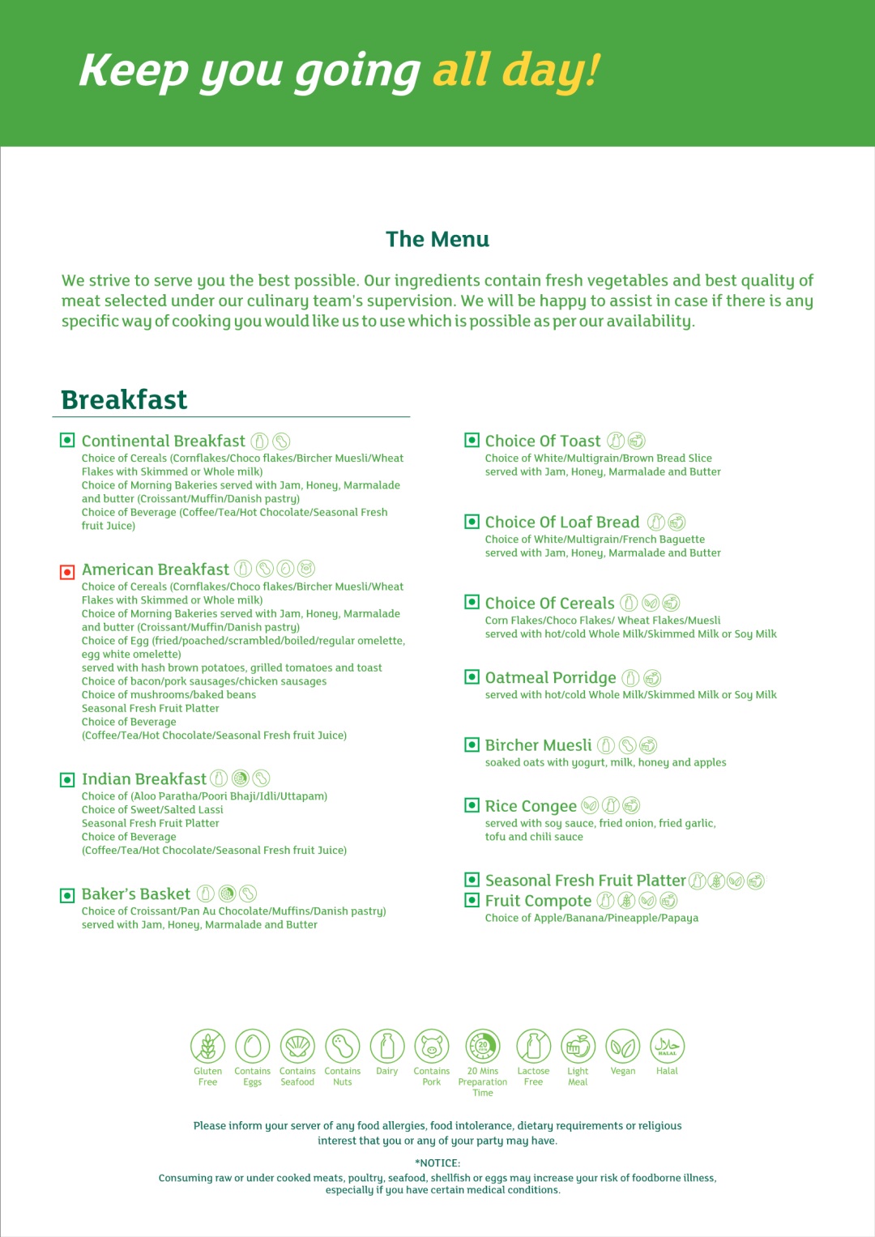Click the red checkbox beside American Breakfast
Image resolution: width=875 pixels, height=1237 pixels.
[67, 572]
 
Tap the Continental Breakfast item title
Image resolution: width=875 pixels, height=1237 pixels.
[163, 441]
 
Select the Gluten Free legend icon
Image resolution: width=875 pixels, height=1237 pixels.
[207, 1046]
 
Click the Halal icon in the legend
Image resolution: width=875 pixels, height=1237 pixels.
[667, 1046]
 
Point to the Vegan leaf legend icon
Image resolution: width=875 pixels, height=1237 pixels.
[622, 1046]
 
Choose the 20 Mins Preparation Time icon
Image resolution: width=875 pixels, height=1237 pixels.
[483, 1046]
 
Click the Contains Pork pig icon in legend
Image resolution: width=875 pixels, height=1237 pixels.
[432, 1046]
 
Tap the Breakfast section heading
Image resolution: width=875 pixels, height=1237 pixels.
[124, 399]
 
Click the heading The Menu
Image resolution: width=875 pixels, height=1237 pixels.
[437, 239]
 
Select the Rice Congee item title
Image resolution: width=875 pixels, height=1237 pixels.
[531, 806]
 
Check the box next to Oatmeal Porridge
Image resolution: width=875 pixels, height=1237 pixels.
[472, 677]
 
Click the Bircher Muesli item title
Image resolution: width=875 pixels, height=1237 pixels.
[538, 745]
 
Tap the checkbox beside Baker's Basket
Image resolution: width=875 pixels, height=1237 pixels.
[67, 895]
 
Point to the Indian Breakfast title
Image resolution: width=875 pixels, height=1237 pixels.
[144, 779]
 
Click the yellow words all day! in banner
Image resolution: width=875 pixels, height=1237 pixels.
[516, 70]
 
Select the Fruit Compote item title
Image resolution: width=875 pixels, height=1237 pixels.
[538, 901]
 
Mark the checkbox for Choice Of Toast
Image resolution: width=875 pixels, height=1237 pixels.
[472, 440]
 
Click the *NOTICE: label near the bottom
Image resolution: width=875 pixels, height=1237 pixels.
[437, 1162]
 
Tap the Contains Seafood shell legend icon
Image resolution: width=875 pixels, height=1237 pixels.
[297, 1046]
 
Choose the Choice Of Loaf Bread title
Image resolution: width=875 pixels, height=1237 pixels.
[562, 523]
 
